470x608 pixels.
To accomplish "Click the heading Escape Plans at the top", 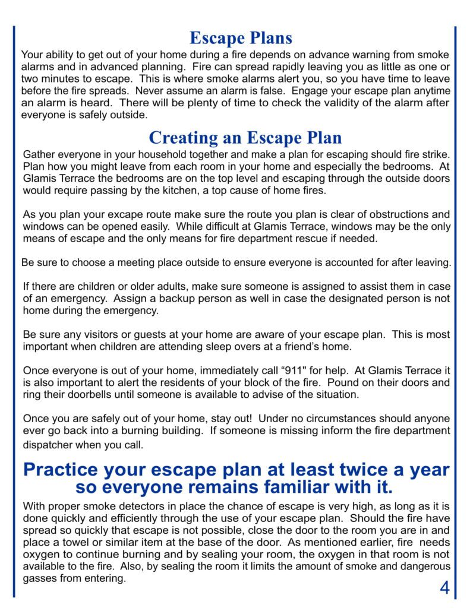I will coord(241,38).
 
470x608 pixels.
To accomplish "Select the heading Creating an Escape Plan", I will coord(245,138).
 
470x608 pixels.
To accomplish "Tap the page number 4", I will coord(444,588).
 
